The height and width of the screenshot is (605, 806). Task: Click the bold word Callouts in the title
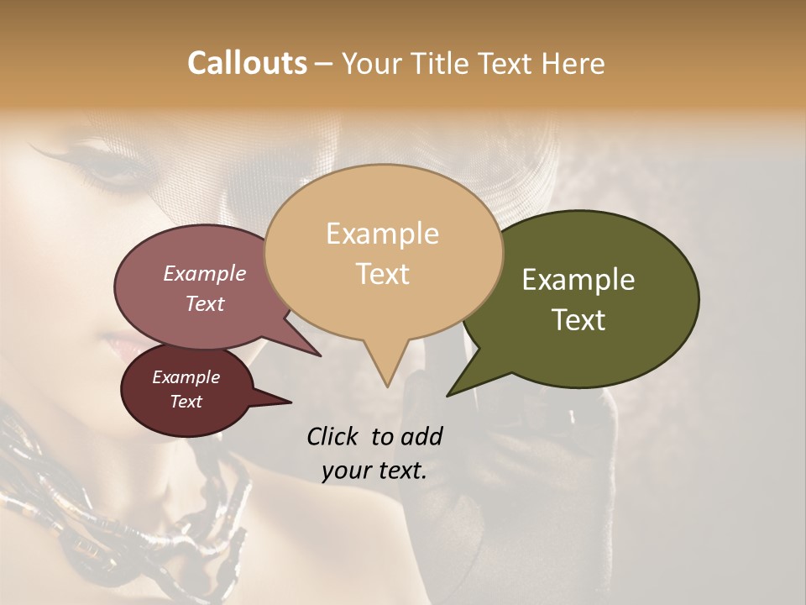point(247,63)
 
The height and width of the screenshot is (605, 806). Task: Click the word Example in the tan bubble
point(382,234)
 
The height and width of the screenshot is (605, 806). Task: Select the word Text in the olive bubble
point(579,320)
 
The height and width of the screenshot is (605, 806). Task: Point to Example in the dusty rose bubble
point(204,273)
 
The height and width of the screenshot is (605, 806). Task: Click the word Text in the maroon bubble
point(186,402)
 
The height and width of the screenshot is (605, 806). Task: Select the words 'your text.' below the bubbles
point(374,471)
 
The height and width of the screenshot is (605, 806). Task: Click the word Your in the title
point(372,63)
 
